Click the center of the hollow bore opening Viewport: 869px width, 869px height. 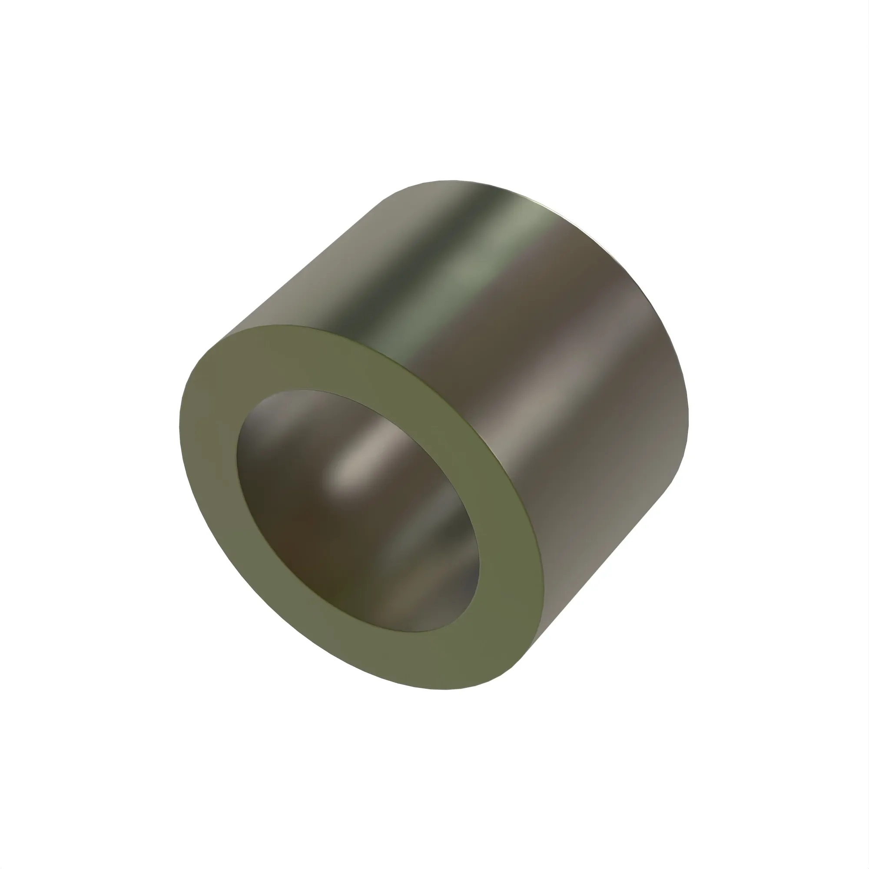(358, 511)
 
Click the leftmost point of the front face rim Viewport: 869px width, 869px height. (179, 427)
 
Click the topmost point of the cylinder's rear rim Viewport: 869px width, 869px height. (450, 180)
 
